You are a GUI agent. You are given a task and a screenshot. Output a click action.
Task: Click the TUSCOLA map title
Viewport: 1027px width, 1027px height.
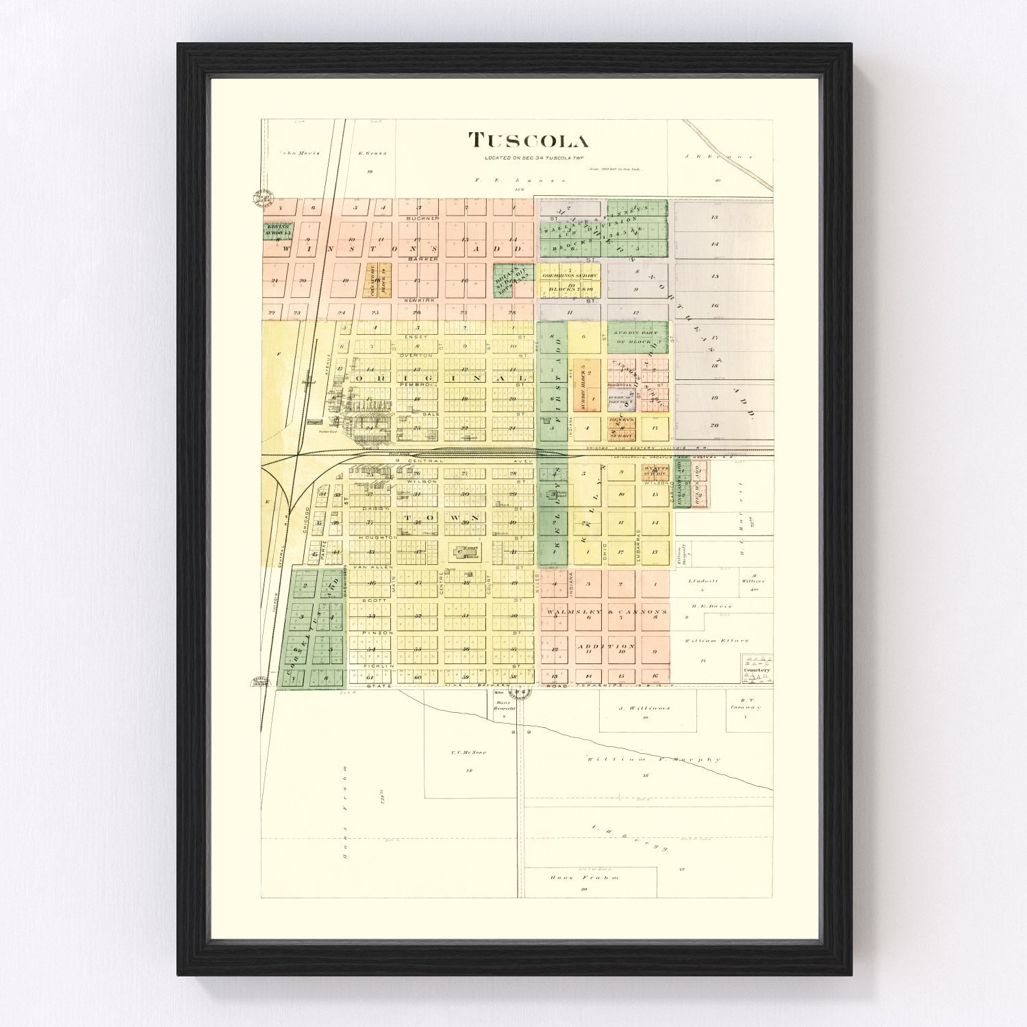(528, 141)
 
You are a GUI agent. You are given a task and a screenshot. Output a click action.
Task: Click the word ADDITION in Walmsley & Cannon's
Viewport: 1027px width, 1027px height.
(605, 646)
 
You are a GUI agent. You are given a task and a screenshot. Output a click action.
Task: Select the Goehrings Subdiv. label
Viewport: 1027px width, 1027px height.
(570, 275)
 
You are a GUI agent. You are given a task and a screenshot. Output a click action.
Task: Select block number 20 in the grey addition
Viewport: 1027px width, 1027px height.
(714, 425)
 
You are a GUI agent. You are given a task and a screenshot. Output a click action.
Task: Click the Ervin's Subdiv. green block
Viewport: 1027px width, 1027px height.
(279, 231)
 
